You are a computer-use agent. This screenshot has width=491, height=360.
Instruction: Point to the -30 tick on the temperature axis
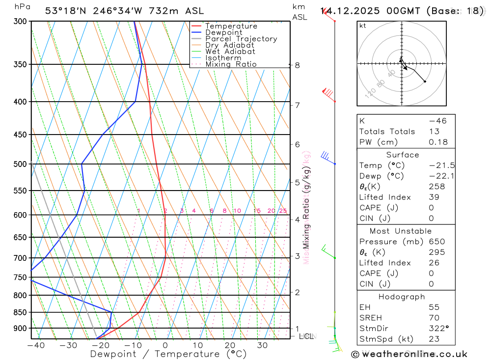68,345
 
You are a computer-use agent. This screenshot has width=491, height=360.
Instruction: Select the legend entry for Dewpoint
223,32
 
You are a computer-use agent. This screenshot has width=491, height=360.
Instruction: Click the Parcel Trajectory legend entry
241,39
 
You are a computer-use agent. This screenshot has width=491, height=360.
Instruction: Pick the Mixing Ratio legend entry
231,64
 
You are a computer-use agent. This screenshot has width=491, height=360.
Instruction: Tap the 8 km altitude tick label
297,65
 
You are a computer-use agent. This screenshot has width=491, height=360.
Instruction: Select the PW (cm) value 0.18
438,142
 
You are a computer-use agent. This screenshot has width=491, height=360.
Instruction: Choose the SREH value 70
434,318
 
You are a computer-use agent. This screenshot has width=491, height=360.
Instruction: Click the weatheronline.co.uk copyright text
409,354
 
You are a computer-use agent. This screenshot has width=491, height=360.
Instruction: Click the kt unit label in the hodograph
363,26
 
